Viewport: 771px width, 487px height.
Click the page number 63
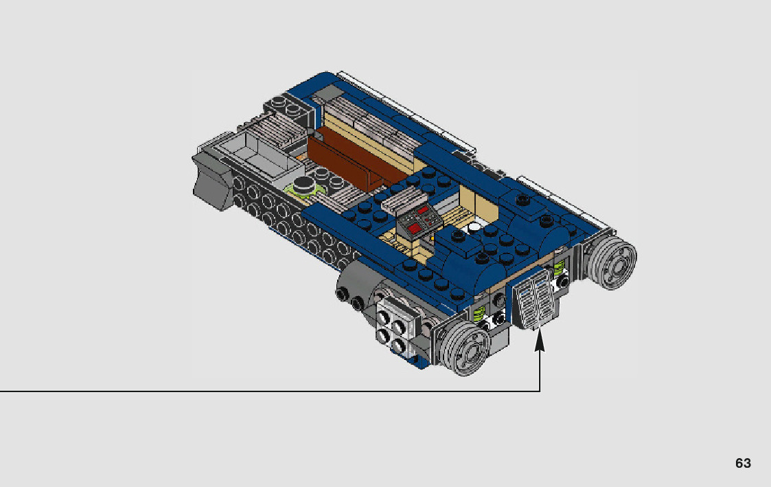743,463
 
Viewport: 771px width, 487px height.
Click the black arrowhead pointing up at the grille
540,340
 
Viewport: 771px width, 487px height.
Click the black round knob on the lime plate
304,183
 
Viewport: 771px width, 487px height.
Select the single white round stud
474,228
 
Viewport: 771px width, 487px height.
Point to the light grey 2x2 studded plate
396,327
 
